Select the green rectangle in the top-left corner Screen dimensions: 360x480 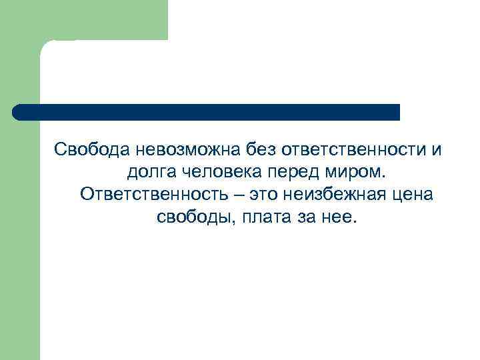coord(100,19)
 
